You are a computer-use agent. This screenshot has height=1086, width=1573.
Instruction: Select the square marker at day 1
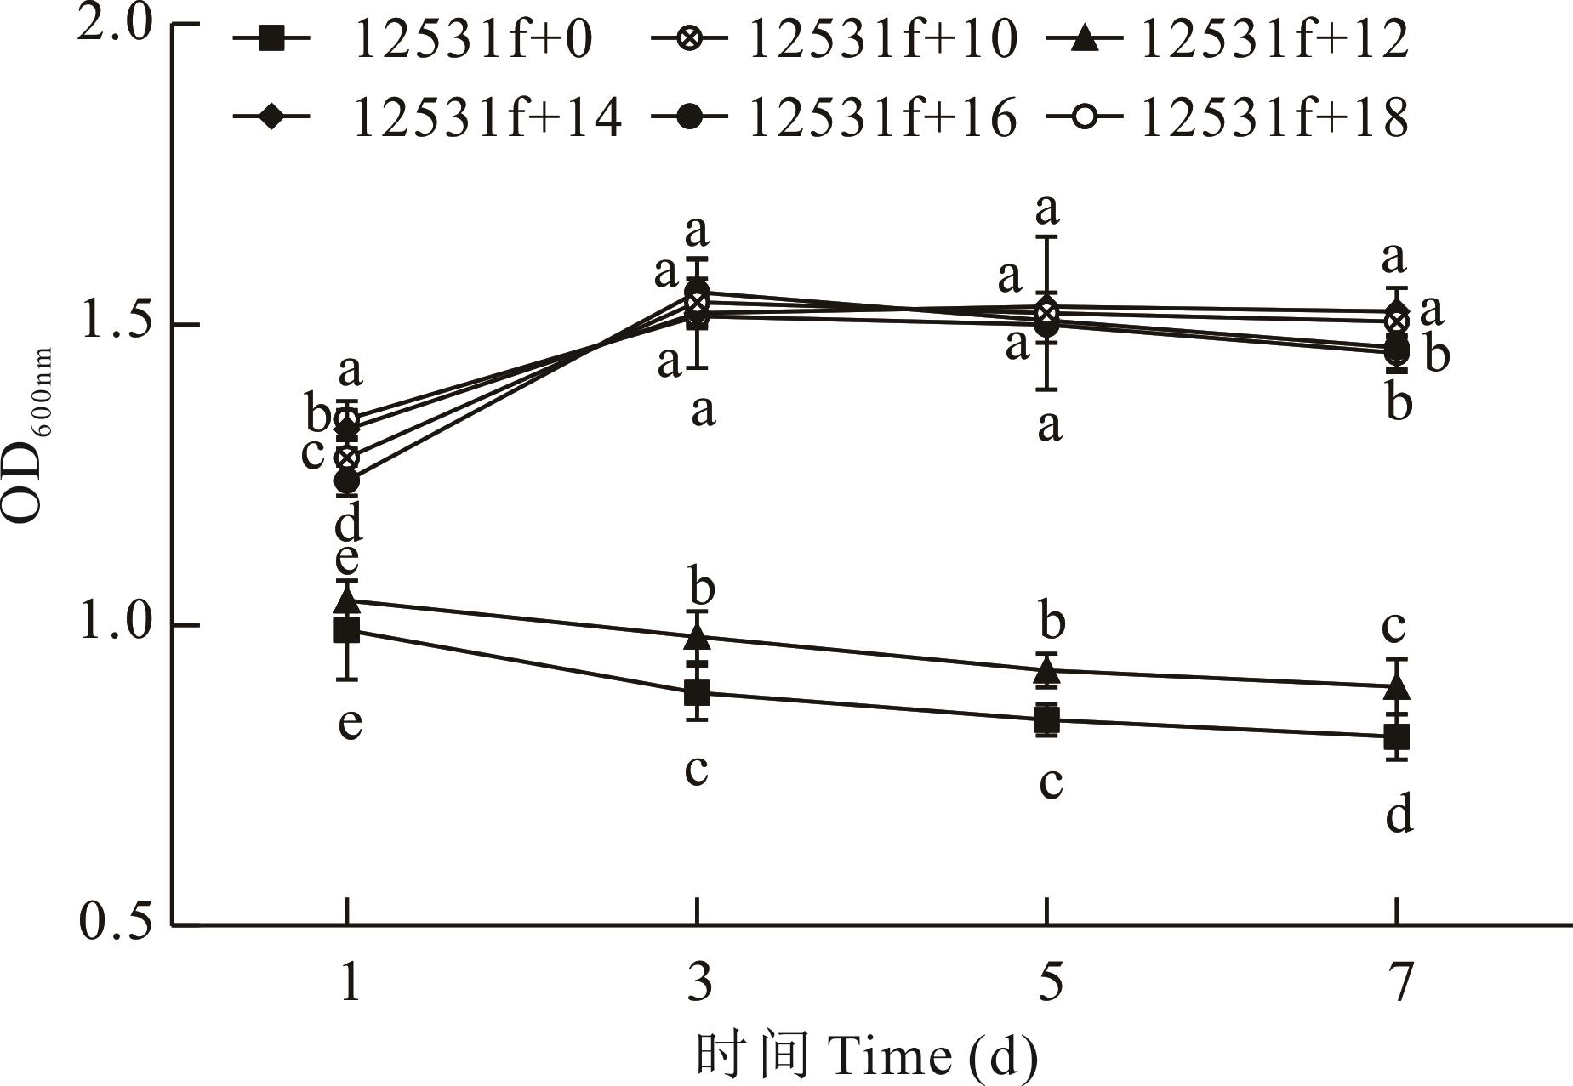[346, 630]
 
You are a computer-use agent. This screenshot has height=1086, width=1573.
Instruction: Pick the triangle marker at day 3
[698, 637]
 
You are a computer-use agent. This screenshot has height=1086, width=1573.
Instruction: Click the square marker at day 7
[1397, 736]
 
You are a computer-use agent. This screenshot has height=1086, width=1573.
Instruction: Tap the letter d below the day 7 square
[1399, 814]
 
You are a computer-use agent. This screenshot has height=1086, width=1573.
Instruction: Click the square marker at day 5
[1047, 719]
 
